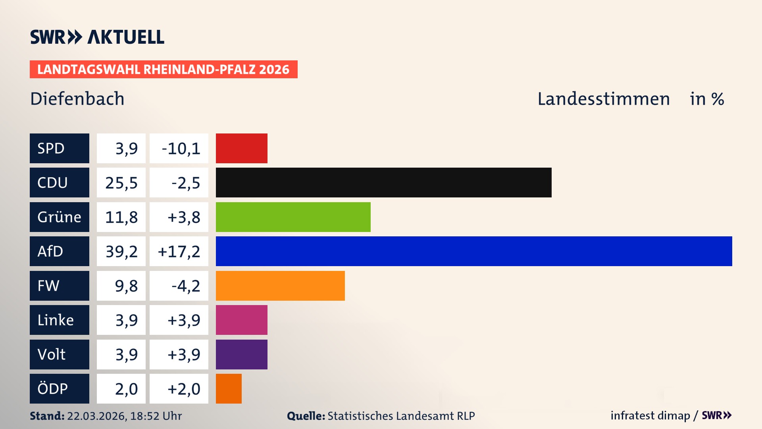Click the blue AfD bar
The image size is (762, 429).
[474, 251]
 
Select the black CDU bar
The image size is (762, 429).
[383, 182]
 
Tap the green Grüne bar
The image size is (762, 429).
[293, 217]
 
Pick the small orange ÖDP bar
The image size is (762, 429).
[229, 388]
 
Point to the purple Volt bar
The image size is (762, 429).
[241, 354]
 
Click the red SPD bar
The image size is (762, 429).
[241, 148]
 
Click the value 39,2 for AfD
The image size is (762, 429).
[121, 251]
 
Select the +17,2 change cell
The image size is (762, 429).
[179, 251]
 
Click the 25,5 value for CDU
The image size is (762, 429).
[121, 183]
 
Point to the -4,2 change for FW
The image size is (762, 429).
[185, 286]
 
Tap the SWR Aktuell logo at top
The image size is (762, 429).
[97, 37]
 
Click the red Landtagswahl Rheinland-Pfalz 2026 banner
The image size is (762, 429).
[164, 70]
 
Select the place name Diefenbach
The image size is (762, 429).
[77, 99]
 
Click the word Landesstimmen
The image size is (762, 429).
[603, 99]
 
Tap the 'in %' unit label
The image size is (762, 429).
[707, 99]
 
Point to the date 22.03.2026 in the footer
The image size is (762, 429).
[96, 416]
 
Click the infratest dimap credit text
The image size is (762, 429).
[650, 415]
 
